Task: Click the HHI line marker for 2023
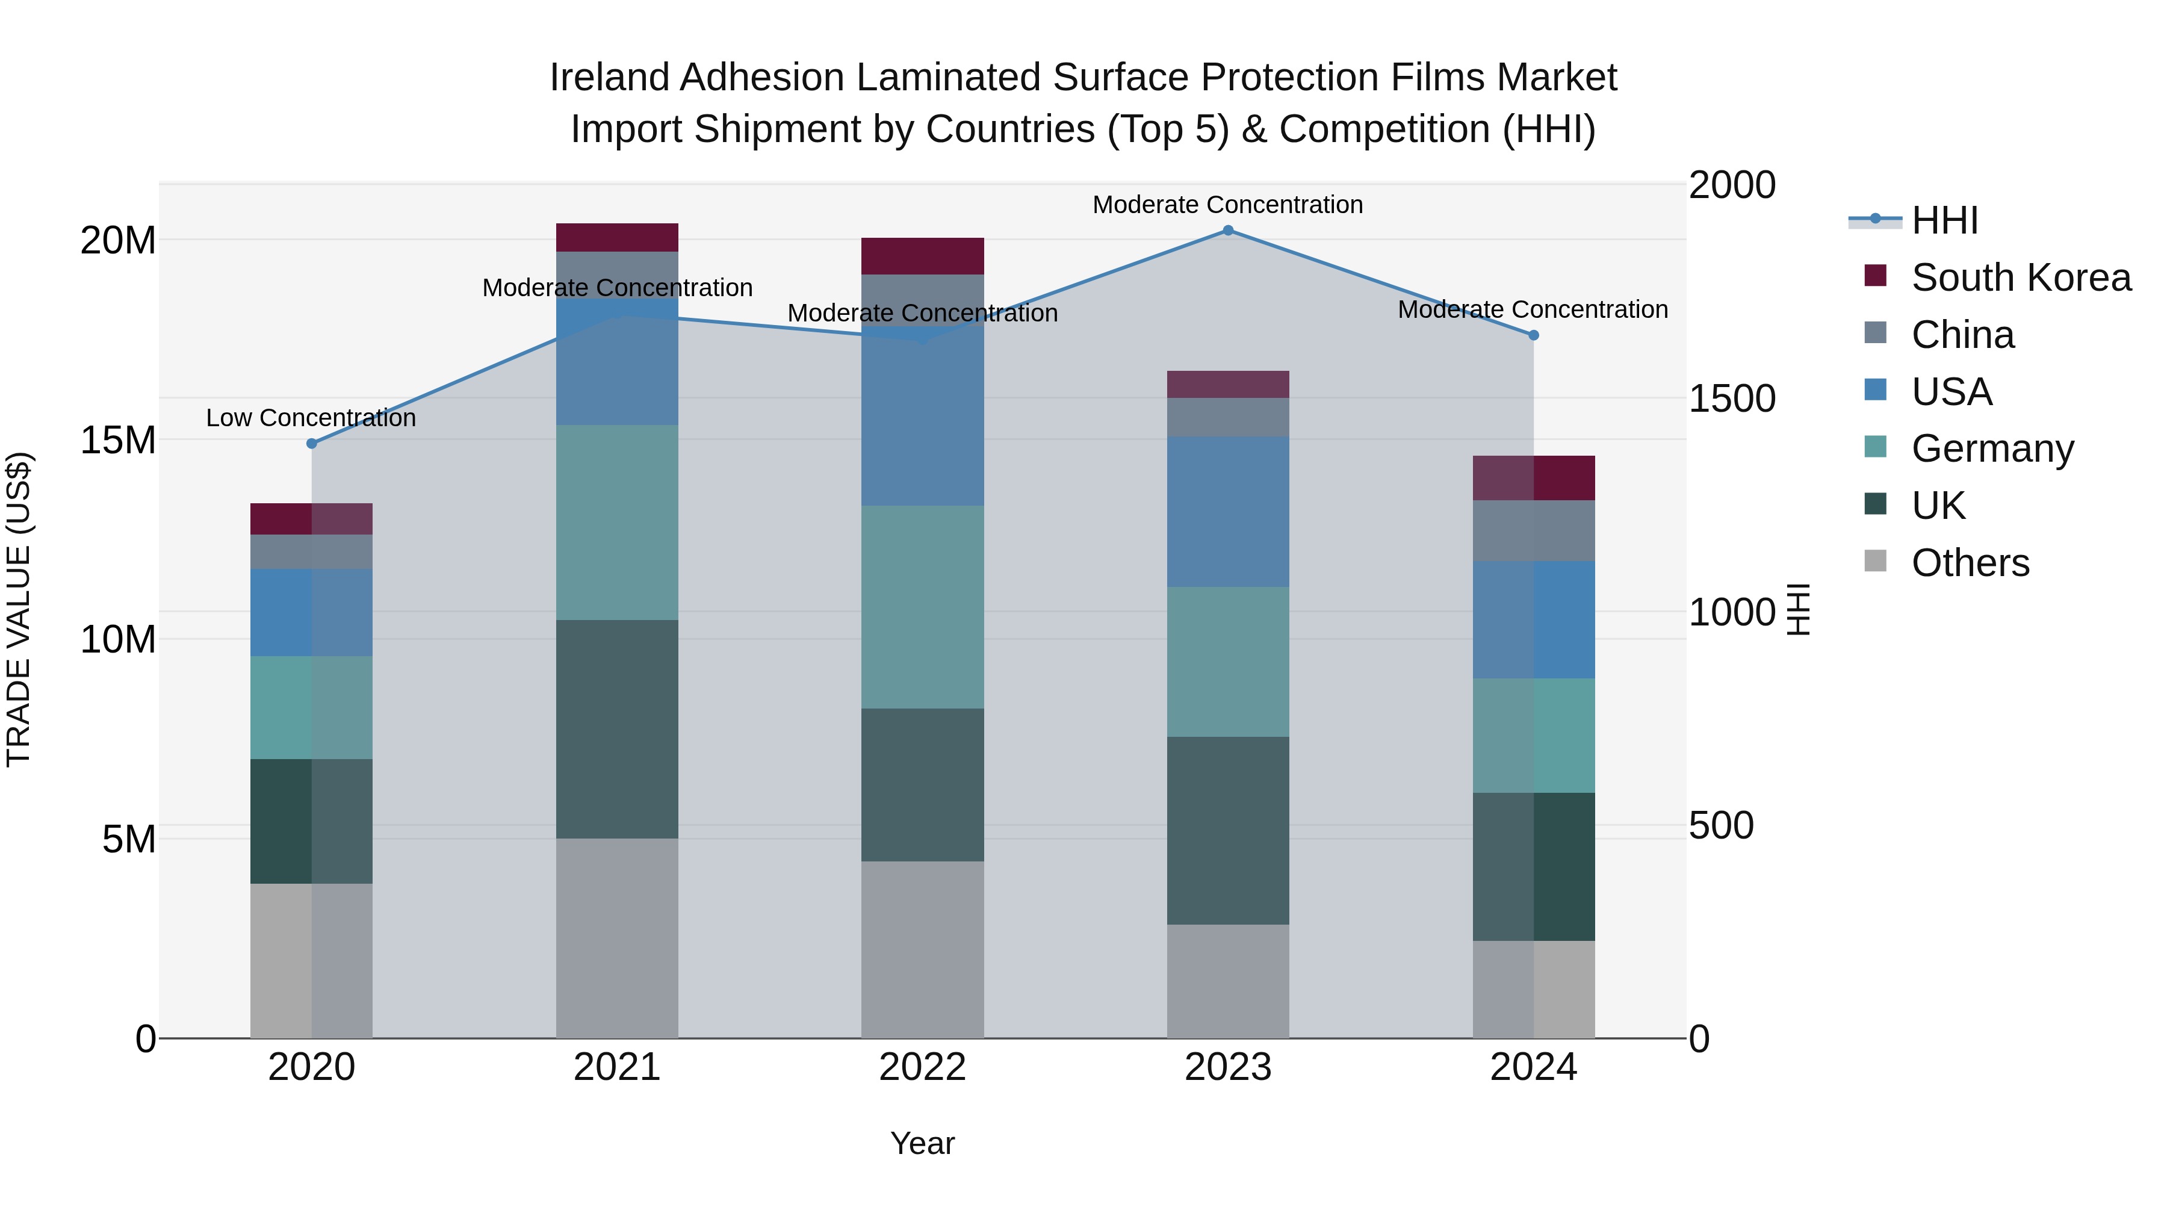point(1227,230)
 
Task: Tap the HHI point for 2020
point(311,442)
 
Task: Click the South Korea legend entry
point(2021,278)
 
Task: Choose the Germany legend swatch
point(1875,447)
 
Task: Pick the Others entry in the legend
point(1970,563)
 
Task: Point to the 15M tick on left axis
point(118,440)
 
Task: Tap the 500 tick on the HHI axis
point(1720,825)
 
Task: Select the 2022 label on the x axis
point(922,1067)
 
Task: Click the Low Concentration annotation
point(311,418)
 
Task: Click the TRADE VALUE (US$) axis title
point(19,609)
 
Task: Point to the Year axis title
point(922,1143)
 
